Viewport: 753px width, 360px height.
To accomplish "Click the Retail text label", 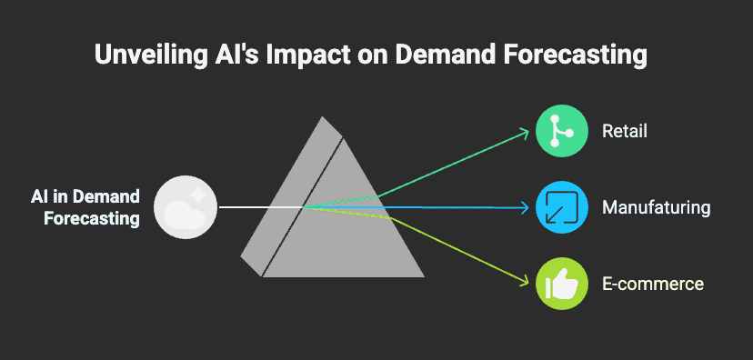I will coord(625,131).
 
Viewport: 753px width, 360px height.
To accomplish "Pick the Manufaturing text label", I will coord(656,207).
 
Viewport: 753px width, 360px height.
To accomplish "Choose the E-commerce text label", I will coord(652,284).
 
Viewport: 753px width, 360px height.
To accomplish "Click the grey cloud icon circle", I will coord(186,206).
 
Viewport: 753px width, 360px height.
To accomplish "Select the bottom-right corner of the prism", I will coord(423,276).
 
